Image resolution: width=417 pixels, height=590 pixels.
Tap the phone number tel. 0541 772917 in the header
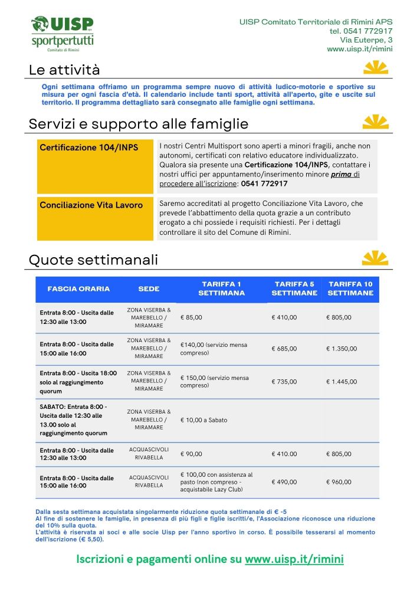(360, 31)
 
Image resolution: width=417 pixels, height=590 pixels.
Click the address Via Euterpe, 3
(366, 40)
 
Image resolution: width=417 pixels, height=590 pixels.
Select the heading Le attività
(64, 70)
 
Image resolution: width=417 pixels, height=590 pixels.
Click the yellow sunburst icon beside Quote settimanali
(375, 258)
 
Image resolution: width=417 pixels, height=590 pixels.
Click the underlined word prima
(341, 175)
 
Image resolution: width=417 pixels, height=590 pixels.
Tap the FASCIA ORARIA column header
(78, 289)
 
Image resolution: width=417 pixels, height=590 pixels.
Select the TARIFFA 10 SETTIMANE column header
(350, 289)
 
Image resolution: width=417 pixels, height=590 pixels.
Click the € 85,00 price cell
(191, 317)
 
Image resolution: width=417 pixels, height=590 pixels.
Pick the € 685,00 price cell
(284, 349)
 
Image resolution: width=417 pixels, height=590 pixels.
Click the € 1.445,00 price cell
(342, 382)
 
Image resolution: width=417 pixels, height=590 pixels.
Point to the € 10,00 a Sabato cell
(203, 420)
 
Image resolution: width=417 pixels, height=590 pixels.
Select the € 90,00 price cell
(191, 454)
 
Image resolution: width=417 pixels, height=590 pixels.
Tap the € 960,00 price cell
(339, 482)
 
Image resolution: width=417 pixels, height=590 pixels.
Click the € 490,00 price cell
(284, 482)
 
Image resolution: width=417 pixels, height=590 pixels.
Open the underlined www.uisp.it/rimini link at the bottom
(294, 559)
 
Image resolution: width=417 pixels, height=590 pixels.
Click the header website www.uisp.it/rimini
(360, 49)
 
